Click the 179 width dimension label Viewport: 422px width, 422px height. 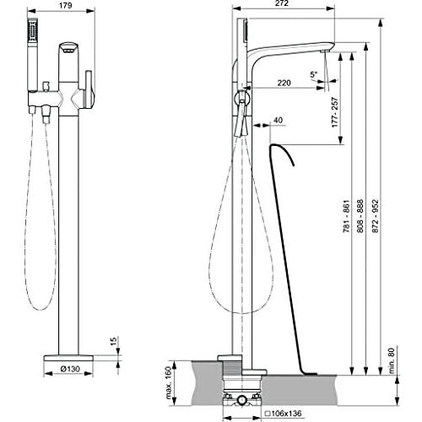tap(66, 5)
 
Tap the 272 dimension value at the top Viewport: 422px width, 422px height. tap(282, 3)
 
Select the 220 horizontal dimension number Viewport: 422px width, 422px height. tap(284, 83)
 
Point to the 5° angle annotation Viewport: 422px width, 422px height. tap(313, 74)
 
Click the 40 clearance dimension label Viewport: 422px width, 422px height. tap(278, 120)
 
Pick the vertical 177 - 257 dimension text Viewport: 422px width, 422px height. tap(335, 112)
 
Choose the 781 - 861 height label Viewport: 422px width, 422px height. tap(346, 216)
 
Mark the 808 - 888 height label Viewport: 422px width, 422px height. tap(360, 216)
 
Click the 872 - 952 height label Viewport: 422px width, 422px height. tap(376, 216)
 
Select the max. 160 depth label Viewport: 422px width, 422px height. tap(169, 383)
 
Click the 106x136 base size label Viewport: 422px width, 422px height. tap(284, 414)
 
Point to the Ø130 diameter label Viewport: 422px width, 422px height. tap(70, 369)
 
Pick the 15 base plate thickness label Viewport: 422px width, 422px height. tap(113, 341)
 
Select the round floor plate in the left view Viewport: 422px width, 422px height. tap(68, 358)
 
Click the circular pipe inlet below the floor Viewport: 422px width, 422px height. tap(241, 400)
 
